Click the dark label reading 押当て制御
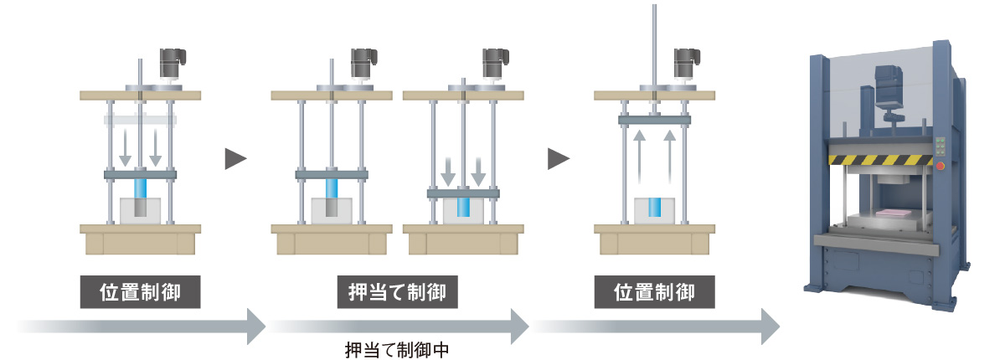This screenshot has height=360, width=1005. point(397,294)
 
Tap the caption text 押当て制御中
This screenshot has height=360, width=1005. point(397,349)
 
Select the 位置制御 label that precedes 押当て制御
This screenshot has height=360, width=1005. point(140,294)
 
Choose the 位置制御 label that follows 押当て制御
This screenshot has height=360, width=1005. point(654,294)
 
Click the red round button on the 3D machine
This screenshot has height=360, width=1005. point(941,166)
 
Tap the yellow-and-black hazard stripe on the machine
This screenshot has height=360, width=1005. point(879,160)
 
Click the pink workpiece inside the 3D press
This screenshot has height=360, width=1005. point(890,212)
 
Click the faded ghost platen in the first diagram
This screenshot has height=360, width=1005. point(140,120)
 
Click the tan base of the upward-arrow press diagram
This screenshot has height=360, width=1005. point(654,240)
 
